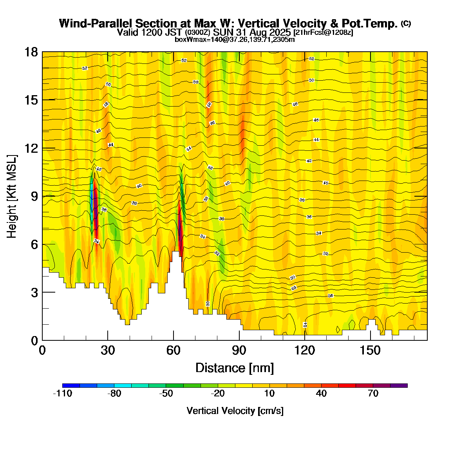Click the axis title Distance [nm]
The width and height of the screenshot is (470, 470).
pyautogui.click(x=235, y=368)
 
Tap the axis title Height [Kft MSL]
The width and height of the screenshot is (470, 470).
pyautogui.click(x=12, y=196)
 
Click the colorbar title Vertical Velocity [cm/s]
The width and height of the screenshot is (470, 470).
pyautogui.click(x=235, y=411)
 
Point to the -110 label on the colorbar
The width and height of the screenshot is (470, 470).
pyautogui.click(x=62, y=394)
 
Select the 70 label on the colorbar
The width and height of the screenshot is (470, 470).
pyautogui.click(x=373, y=394)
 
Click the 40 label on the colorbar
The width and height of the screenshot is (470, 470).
pyautogui.click(x=322, y=394)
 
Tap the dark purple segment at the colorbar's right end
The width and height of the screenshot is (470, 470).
pyautogui.click(x=399, y=385)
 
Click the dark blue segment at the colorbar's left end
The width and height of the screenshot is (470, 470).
pyautogui.click(x=71, y=385)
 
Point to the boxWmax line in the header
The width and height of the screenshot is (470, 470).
pyautogui.click(x=235, y=39)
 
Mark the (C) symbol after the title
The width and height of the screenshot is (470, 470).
pyautogui.click(x=406, y=23)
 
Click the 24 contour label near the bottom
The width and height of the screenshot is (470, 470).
pyautogui.click(x=305, y=325)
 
